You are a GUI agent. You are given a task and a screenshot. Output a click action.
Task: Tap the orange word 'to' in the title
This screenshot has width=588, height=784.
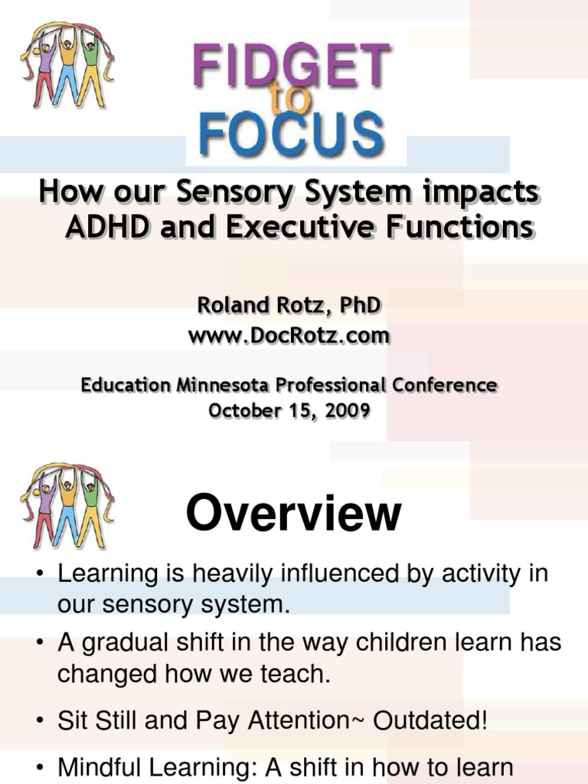tap(289, 102)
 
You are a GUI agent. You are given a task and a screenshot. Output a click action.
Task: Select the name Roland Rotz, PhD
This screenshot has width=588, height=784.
tap(289, 306)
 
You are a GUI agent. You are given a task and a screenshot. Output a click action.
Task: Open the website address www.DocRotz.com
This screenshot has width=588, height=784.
tap(289, 335)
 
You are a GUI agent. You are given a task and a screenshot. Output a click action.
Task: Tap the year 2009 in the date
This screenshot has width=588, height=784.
tap(347, 410)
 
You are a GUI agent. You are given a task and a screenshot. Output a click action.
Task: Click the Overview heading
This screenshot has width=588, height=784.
tap(293, 514)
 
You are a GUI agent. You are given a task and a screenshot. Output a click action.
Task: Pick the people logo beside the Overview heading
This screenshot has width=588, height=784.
tap(67, 506)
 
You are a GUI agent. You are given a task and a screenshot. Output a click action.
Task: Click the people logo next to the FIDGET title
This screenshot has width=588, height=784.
tap(67, 65)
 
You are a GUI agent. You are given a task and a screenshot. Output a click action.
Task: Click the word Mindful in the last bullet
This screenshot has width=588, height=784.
tap(102, 767)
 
